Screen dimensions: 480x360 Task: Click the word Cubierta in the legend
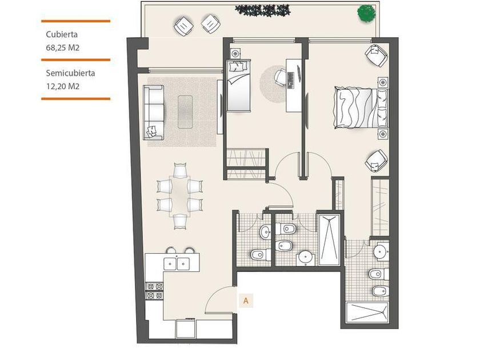click(62, 34)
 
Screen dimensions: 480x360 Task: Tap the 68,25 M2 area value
click(62, 48)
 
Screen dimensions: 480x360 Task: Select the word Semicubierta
click(70, 73)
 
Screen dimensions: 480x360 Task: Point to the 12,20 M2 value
click(63, 86)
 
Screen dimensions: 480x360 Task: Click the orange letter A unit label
click(246, 301)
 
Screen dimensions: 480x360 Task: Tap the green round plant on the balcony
click(366, 14)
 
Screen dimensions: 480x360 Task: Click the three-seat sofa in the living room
click(154, 113)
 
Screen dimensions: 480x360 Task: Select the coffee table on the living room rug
click(185, 112)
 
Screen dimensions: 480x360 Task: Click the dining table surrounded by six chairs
click(179, 196)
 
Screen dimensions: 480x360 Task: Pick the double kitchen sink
click(177, 264)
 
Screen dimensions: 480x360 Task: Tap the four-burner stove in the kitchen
click(155, 291)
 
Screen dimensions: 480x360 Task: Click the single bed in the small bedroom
click(239, 85)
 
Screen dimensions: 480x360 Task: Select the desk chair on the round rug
click(280, 76)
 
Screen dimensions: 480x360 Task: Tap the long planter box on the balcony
click(263, 10)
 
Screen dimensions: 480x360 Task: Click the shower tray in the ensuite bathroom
click(367, 312)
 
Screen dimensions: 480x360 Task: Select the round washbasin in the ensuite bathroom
click(381, 251)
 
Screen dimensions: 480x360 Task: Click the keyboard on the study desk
click(290, 81)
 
